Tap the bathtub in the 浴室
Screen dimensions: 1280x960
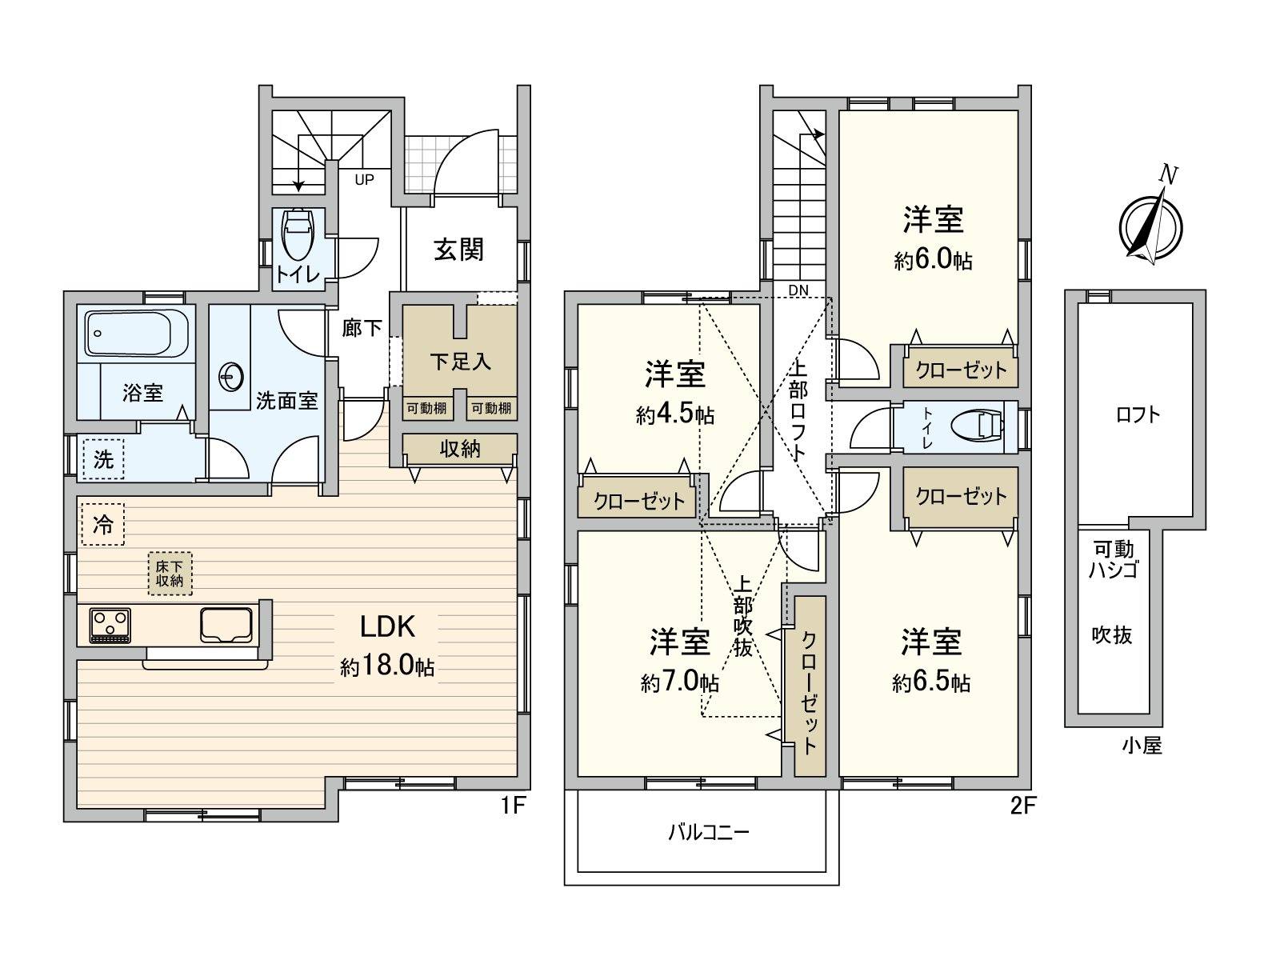(x=137, y=333)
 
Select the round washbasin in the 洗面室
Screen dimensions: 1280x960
(x=231, y=378)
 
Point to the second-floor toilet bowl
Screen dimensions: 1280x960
(x=977, y=426)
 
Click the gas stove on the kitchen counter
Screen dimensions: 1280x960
(x=110, y=626)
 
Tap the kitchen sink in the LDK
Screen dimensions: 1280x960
(x=226, y=625)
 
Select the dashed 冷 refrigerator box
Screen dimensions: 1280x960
(x=103, y=525)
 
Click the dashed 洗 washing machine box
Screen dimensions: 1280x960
(x=103, y=459)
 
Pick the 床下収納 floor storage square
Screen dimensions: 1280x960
(x=170, y=574)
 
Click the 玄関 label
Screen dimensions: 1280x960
(x=458, y=250)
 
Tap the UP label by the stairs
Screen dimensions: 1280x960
(x=365, y=179)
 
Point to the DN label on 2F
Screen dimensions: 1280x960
(x=798, y=290)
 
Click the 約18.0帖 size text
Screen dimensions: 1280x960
(x=387, y=665)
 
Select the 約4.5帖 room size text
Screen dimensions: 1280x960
(x=675, y=414)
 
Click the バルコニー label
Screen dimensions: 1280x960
(x=709, y=832)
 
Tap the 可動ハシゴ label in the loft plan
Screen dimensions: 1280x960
(x=1114, y=559)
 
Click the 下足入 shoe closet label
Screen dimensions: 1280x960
(x=460, y=362)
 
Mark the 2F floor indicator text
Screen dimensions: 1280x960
(x=1023, y=806)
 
